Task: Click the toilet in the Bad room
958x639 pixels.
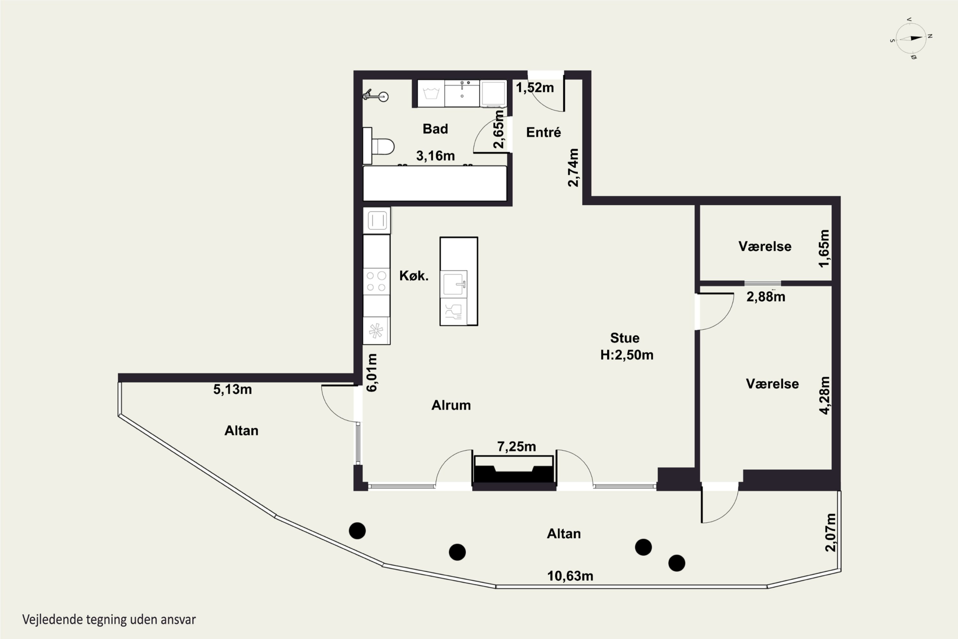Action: (379, 146)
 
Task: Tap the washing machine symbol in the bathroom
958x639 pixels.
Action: (431, 94)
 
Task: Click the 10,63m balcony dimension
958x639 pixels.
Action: (570, 576)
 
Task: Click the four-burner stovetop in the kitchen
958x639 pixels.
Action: (376, 281)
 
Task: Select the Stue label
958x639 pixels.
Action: (624, 338)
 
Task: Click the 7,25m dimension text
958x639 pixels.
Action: (516, 447)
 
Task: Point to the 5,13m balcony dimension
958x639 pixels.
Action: (232, 389)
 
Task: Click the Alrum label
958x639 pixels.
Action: (451, 405)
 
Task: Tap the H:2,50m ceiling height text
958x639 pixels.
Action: (627, 355)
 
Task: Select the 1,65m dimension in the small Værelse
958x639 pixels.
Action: (824, 249)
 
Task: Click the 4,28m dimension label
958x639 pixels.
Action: (825, 395)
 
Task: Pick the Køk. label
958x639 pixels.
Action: (414, 276)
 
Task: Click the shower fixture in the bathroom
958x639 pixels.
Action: (376, 95)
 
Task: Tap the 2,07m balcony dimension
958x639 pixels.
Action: (831, 532)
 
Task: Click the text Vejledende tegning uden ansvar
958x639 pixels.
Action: (109, 620)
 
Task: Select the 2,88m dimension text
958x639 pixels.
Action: (766, 297)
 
